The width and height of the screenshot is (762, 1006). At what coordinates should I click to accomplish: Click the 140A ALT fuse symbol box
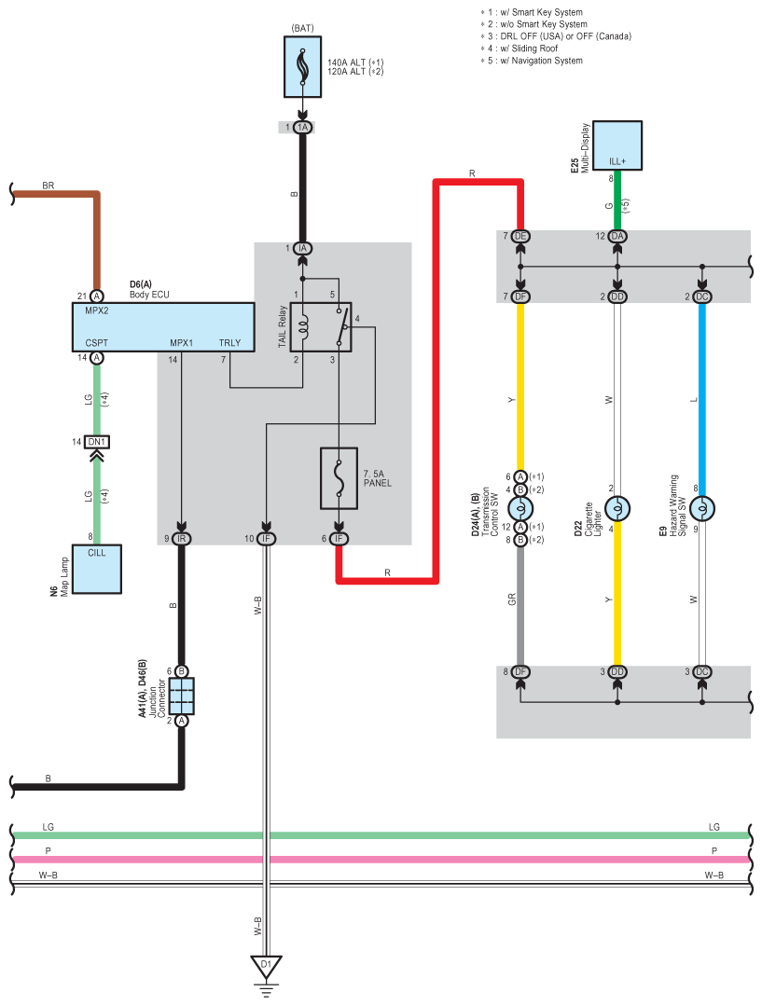click(302, 67)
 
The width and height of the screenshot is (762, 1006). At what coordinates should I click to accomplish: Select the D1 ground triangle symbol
click(267, 966)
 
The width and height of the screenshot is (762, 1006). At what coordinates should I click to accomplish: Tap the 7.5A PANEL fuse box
click(339, 478)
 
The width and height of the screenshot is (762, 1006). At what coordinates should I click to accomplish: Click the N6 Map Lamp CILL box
click(97, 569)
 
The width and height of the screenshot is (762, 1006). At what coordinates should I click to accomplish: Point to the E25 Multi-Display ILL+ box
click(617, 145)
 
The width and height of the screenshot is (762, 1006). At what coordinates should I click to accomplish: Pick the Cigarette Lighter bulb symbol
click(617, 509)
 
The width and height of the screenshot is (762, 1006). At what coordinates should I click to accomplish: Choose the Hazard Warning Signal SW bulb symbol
click(702, 509)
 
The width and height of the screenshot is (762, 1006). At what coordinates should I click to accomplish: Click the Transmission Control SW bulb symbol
click(520, 509)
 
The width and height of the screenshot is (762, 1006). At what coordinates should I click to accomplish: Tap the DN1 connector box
click(97, 441)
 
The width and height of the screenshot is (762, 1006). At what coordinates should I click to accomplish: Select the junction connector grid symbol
click(182, 696)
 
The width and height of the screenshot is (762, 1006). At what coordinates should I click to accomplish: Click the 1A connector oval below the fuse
click(302, 127)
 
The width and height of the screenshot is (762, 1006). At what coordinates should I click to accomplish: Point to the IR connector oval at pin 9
click(182, 538)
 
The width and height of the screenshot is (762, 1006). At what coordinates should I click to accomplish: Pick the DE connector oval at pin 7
click(520, 236)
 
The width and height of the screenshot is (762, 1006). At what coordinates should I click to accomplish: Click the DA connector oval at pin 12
click(617, 236)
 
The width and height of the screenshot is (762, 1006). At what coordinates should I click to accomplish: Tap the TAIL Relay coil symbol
click(303, 326)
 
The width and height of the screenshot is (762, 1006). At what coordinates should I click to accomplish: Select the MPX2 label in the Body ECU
click(97, 310)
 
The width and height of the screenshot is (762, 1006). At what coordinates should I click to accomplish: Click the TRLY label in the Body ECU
click(229, 342)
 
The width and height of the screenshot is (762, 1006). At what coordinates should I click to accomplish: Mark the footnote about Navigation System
click(532, 61)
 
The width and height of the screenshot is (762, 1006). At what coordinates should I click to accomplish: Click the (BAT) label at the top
click(303, 28)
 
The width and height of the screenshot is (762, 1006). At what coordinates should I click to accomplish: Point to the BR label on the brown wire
click(48, 186)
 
